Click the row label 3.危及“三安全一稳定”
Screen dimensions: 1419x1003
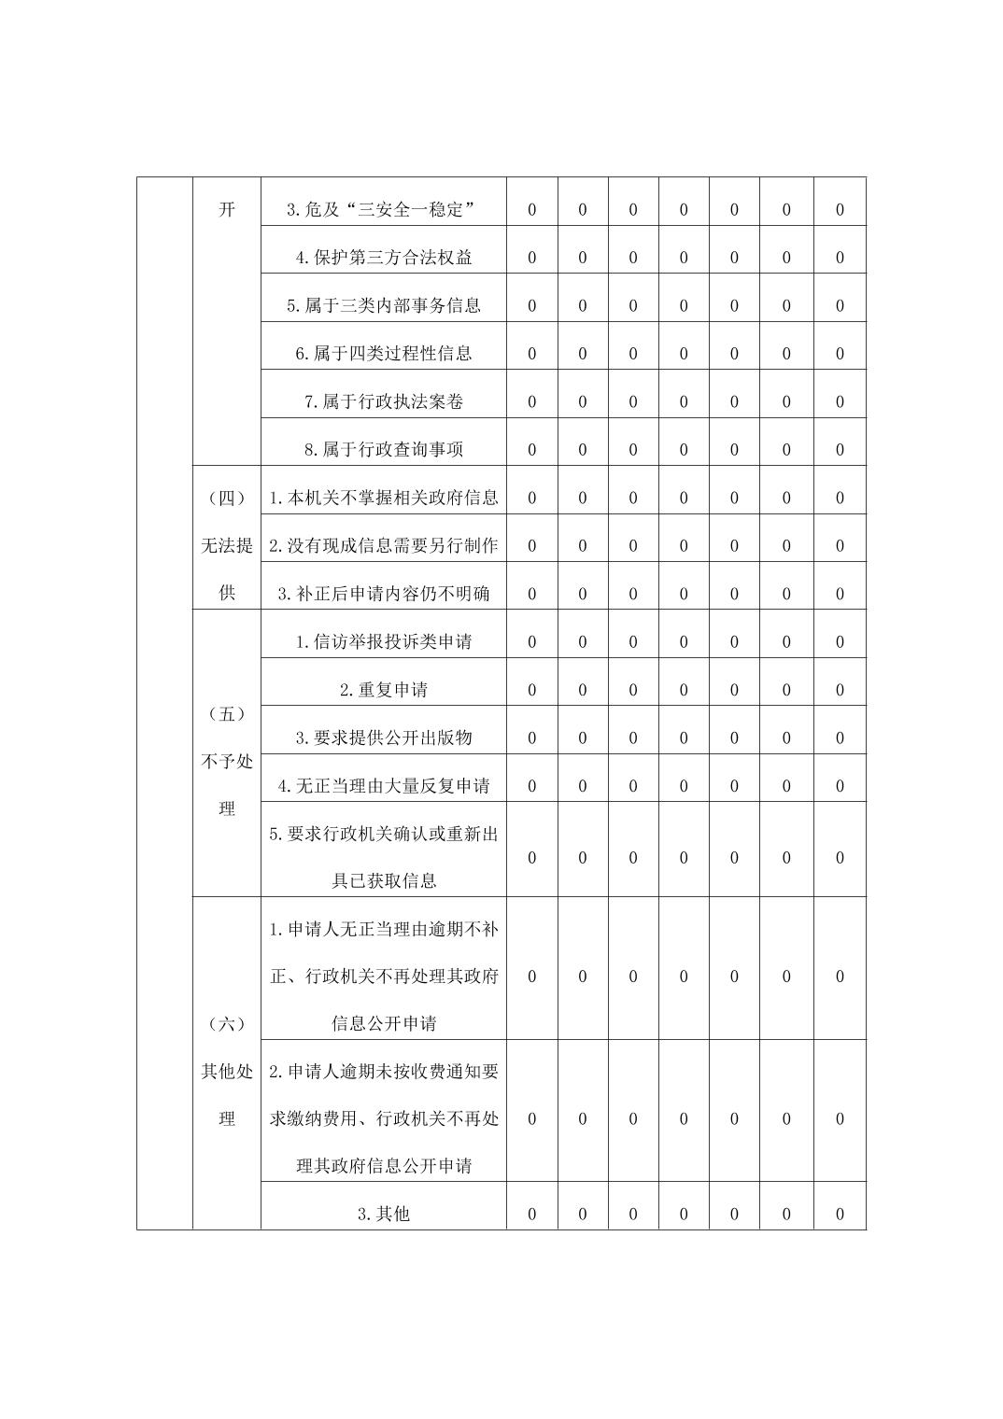[383, 210]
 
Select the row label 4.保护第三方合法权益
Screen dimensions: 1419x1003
[383, 258]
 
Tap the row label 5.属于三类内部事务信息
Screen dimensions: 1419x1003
[383, 305]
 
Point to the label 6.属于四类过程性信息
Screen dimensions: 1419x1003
[383, 354]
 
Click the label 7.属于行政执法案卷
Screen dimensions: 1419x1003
[383, 401]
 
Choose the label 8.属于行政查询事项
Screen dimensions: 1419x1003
[383, 449]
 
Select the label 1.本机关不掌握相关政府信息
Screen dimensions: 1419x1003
[383, 498]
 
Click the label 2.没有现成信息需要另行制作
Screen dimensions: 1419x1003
[383, 545]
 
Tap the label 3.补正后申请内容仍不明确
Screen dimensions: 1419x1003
[383, 594]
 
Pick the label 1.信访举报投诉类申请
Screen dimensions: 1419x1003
[383, 641]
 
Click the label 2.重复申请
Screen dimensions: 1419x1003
[383, 690]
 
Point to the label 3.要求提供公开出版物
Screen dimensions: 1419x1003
[383, 738]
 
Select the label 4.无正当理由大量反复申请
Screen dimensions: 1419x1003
[383, 786]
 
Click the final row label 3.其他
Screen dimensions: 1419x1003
[383, 1215]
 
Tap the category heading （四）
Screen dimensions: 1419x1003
[227, 498]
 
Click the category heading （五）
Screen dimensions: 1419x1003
[227, 714]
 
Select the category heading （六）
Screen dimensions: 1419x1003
[227, 1024]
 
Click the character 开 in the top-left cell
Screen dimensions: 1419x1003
[227, 209]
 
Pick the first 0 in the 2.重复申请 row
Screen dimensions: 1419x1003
[532, 690]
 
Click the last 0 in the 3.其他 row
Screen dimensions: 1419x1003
[840, 1215]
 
